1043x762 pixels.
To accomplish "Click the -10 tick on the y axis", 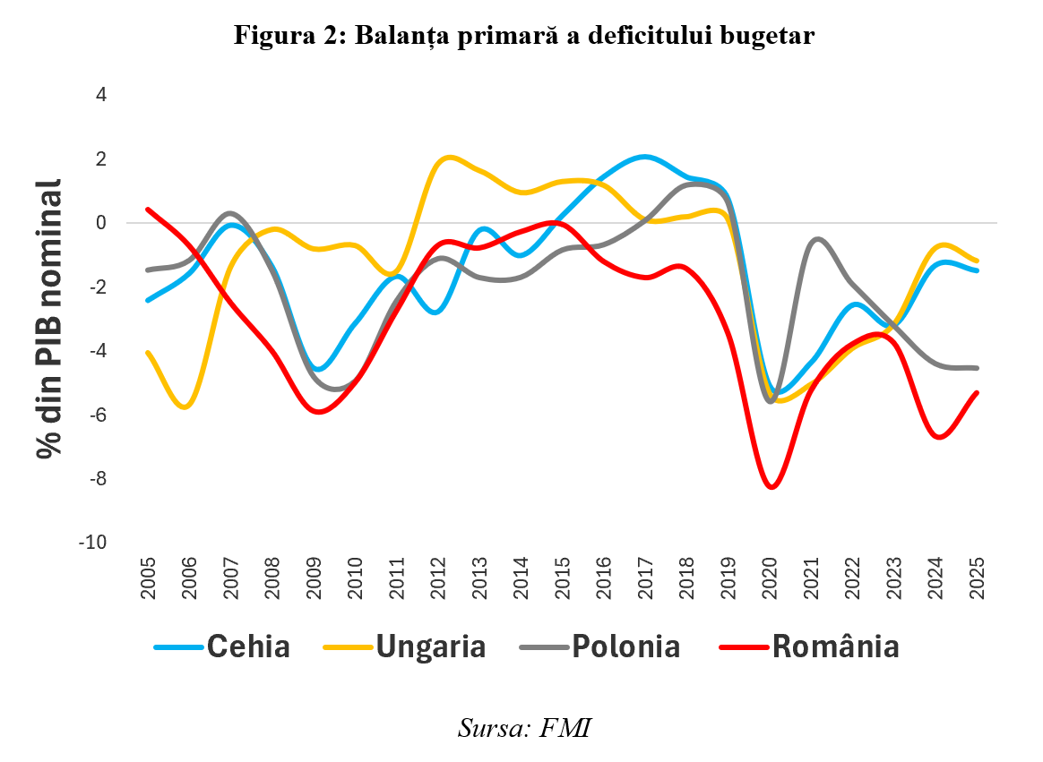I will click(x=93, y=543).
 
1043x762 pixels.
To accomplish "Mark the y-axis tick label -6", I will click(x=96, y=415).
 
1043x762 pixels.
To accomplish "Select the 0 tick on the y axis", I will click(x=99, y=223).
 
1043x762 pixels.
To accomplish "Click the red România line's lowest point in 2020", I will click(x=771, y=487).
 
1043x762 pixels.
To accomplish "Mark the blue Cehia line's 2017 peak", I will click(x=645, y=157).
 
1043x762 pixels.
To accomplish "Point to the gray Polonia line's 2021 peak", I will click(x=817, y=239).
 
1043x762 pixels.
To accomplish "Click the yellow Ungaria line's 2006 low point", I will click(x=186, y=407).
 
